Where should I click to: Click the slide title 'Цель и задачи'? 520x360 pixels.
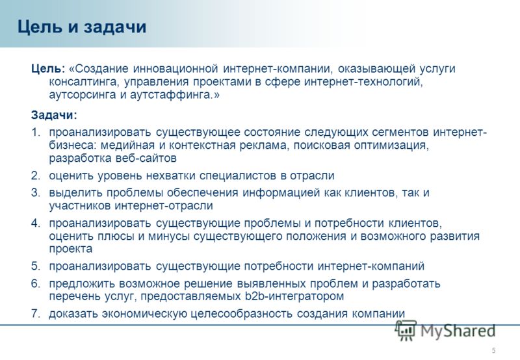(82, 27)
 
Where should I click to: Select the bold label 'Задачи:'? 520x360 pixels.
(54, 115)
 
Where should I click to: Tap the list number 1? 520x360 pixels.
(36, 133)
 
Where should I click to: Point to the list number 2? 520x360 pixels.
(36, 175)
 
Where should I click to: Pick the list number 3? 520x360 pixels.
(36, 192)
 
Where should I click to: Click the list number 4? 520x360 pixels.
(36, 223)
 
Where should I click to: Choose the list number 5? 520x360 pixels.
(36, 266)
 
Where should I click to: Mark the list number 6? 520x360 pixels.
(36, 283)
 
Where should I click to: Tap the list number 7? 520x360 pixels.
(36, 314)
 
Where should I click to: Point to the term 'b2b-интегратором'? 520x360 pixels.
(294, 296)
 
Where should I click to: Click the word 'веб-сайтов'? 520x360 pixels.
(146, 158)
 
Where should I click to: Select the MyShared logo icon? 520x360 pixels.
(405, 330)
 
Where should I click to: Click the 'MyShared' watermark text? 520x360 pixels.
(458, 331)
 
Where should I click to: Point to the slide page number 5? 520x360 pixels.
(494, 350)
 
